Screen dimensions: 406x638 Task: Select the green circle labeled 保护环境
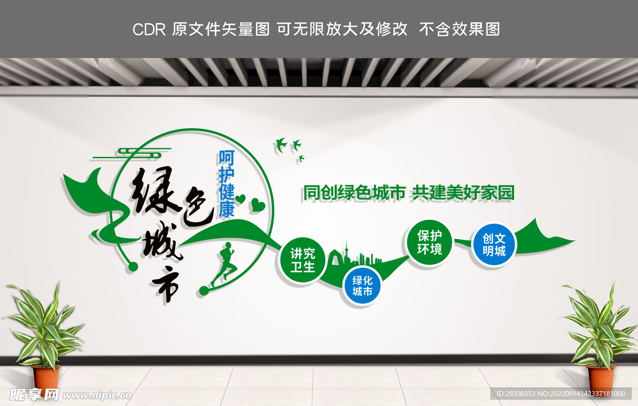click(x=429, y=243)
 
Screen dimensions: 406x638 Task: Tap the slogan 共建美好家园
click(x=463, y=193)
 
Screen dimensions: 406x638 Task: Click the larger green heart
click(x=258, y=204)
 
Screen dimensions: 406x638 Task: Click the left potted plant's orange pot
click(x=46, y=377)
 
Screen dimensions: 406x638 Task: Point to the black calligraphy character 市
click(x=168, y=284)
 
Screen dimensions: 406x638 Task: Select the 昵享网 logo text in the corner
click(x=35, y=395)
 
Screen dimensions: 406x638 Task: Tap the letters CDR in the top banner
click(x=150, y=29)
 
